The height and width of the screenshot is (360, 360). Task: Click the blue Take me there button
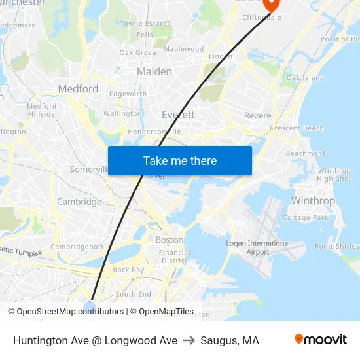pyautogui.click(x=180, y=161)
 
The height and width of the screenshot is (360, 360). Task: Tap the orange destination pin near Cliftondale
pyautogui.click(x=271, y=4)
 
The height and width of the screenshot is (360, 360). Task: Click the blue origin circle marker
pyautogui.click(x=90, y=306)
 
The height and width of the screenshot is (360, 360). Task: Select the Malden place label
pyautogui.click(x=154, y=71)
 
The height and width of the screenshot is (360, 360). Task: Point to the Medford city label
pyautogui.click(x=78, y=89)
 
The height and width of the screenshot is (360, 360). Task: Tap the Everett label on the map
pyautogui.click(x=178, y=115)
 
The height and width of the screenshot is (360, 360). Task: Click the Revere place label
pyautogui.click(x=257, y=116)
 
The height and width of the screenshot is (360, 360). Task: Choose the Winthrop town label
pyautogui.click(x=313, y=201)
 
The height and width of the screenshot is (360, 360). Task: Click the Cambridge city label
pyautogui.click(x=79, y=202)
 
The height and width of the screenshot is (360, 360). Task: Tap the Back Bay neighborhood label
pyautogui.click(x=128, y=270)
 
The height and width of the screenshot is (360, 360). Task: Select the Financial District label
pyautogui.click(x=175, y=256)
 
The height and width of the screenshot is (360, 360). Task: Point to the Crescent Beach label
pyautogui.click(x=297, y=128)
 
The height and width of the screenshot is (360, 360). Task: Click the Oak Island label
pyautogui.click(x=305, y=78)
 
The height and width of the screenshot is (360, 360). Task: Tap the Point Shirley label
pyautogui.click(x=337, y=247)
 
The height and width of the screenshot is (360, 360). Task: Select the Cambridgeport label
pyautogui.click(x=77, y=247)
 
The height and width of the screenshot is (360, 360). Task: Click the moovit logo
pyautogui.click(x=321, y=340)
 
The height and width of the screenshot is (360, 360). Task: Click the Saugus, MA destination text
pyautogui.click(x=230, y=340)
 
